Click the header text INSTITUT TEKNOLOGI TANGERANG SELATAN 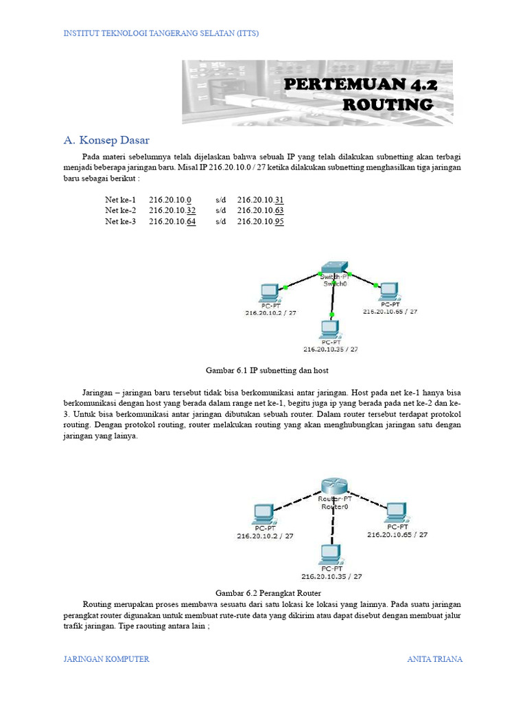(x=161, y=33)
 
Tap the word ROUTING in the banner (x=388, y=105)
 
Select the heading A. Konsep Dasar (x=106, y=140)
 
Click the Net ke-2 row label (x=121, y=210)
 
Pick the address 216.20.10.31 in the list (x=261, y=199)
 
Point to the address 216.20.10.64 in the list (x=172, y=222)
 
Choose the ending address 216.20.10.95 (x=261, y=222)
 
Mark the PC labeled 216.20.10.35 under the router (x=331, y=553)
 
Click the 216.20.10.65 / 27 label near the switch (x=390, y=311)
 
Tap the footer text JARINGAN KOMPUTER (x=106, y=659)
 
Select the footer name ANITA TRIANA (x=434, y=659)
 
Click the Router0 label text (x=335, y=507)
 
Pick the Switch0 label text (x=334, y=283)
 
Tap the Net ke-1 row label (x=121, y=199)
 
